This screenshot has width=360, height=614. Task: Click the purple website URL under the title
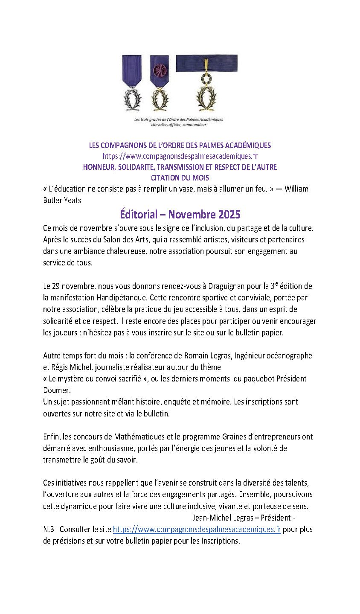[x=180, y=156]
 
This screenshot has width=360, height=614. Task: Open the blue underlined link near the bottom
[x=197, y=529]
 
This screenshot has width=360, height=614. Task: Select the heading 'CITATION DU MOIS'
[x=180, y=178]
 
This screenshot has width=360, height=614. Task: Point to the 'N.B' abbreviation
[x=49, y=529]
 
